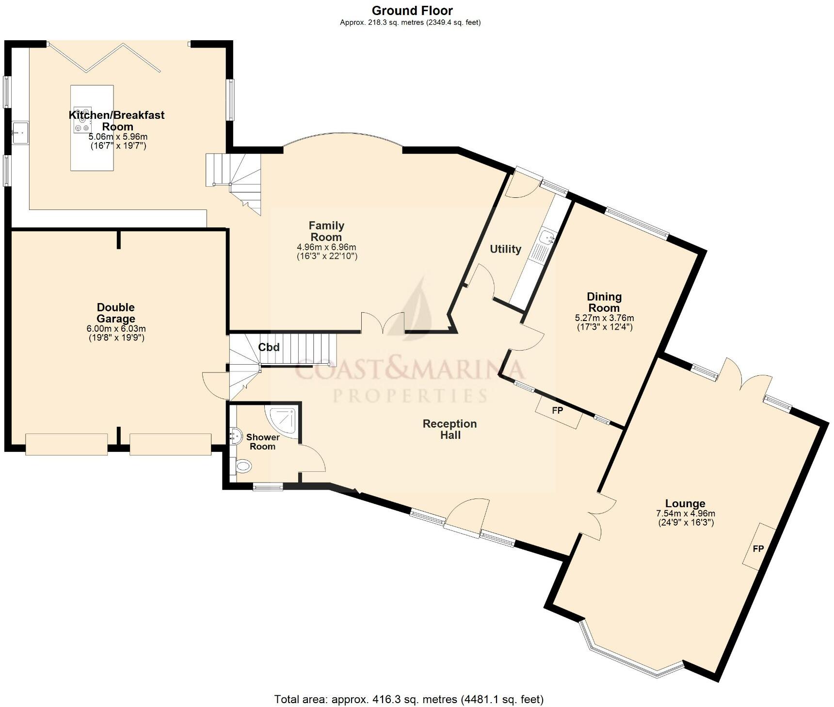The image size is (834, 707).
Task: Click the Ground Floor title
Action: (412, 10)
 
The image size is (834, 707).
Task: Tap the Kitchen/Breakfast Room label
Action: (117, 121)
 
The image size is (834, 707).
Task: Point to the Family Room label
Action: (326, 231)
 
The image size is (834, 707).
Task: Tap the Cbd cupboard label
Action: (269, 347)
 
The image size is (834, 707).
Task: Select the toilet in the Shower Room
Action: (243, 466)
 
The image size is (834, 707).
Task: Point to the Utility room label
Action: (505, 249)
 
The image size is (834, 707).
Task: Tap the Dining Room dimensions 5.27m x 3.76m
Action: (604, 322)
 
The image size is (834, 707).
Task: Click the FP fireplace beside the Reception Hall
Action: (558, 411)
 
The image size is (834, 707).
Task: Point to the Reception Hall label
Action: (450, 429)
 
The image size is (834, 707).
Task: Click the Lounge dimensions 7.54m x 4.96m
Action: (685, 518)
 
